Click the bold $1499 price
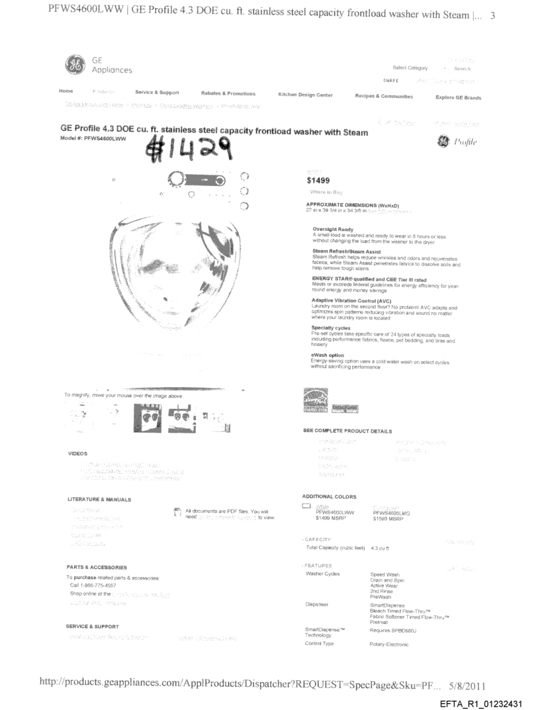[313, 180]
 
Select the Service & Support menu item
[157, 93]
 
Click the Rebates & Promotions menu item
[228, 93]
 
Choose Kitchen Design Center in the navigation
[305, 95]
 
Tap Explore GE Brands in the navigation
[458, 97]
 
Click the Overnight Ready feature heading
[332, 229]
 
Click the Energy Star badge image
[315, 402]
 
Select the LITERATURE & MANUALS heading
[99, 498]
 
